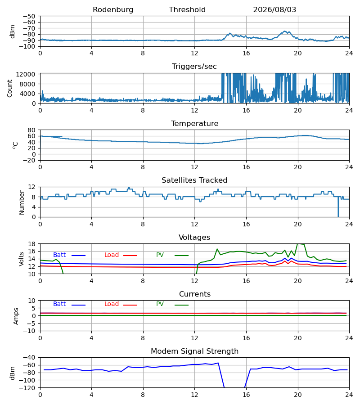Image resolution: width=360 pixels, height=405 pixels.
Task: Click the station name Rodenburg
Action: click(x=113, y=10)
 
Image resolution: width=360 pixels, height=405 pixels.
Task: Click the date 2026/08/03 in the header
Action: click(x=274, y=10)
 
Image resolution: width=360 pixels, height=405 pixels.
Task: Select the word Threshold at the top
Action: click(x=187, y=10)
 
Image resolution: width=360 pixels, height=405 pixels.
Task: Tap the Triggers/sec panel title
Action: click(x=194, y=67)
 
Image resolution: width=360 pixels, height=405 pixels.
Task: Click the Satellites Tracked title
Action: click(x=194, y=180)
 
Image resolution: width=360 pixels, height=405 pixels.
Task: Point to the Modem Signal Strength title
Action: click(x=194, y=351)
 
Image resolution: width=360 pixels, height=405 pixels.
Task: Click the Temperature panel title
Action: click(x=194, y=123)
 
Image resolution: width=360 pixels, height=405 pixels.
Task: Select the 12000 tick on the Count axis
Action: click(x=26, y=74)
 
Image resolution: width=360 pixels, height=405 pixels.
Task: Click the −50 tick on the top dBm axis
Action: click(x=29, y=16)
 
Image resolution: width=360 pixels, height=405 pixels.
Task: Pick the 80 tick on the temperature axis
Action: click(x=31, y=130)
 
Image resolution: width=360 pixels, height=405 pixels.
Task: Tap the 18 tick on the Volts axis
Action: click(x=31, y=244)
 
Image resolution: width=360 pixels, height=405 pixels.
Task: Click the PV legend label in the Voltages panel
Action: click(x=160, y=255)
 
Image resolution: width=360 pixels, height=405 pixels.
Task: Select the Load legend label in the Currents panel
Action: click(x=112, y=304)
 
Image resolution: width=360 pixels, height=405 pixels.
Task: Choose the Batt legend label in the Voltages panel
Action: click(x=59, y=255)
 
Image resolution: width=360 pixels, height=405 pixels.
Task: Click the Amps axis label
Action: click(x=16, y=316)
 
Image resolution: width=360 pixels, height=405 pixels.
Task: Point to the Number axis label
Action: click(x=22, y=202)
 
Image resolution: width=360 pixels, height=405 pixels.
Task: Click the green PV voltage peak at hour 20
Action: click(x=298, y=243)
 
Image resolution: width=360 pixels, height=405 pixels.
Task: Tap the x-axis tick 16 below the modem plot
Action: click(x=246, y=395)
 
